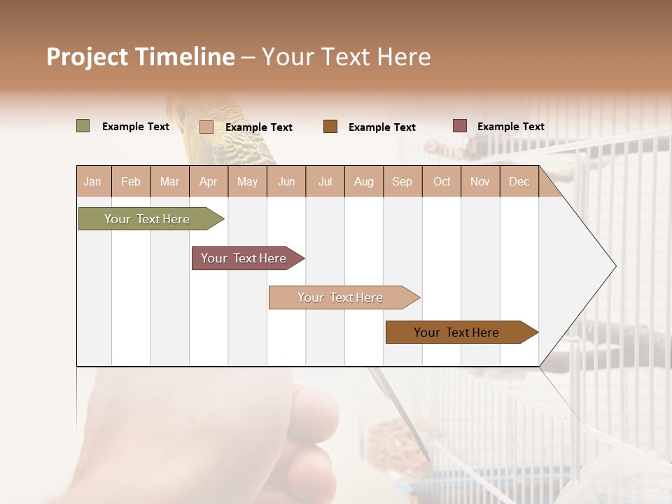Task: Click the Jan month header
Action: (x=92, y=182)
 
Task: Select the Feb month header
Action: (x=131, y=182)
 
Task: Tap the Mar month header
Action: (x=169, y=182)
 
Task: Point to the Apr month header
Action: (x=209, y=182)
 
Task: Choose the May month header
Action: (x=247, y=182)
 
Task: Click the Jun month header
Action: (x=286, y=182)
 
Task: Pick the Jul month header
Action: (x=325, y=182)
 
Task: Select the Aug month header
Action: (x=364, y=182)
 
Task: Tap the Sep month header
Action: (x=402, y=182)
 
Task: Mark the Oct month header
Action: (x=442, y=182)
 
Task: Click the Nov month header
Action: (x=480, y=182)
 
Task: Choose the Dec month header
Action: (x=519, y=182)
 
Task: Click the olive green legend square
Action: (x=83, y=126)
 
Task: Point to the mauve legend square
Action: (x=459, y=126)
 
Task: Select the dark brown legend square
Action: (x=330, y=126)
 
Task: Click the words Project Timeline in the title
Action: (x=141, y=57)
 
